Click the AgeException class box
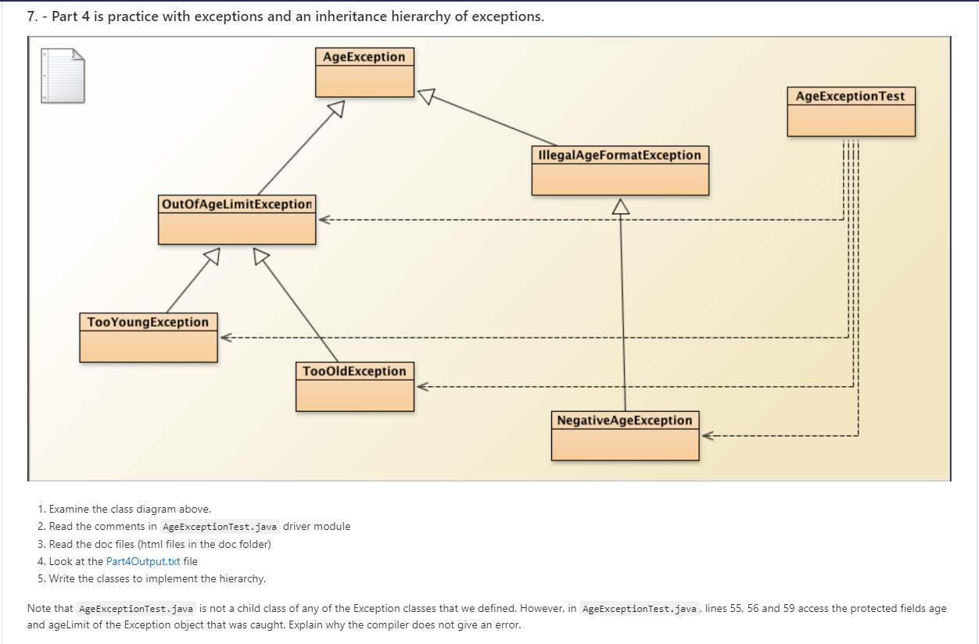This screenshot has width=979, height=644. tap(364, 72)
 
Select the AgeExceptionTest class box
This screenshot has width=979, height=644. tap(851, 112)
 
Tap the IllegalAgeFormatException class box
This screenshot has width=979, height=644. tap(620, 170)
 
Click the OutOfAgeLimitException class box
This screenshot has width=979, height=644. tap(237, 220)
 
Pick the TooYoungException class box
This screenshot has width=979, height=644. tap(149, 338)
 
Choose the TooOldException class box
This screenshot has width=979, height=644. tap(354, 387)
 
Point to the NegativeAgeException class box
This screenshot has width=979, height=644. tap(625, 436)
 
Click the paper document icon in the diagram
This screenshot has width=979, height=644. tap(63, 76)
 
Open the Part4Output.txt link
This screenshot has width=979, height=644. tap(142, 561)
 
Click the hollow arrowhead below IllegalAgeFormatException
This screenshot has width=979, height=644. tap(621, 206)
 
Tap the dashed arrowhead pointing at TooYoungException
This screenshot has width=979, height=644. tap(225, 338)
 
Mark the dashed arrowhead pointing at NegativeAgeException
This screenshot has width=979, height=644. tap(707, 436)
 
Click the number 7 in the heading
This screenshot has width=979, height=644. tap(31, 16)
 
